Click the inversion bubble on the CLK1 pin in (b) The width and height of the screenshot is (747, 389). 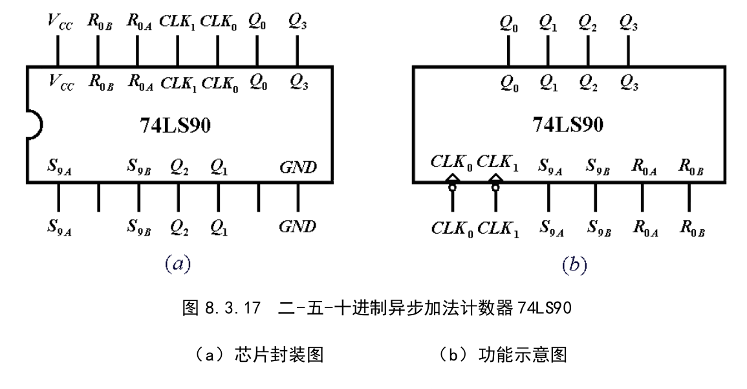[x=496, y=188]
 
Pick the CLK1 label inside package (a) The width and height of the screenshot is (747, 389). [x=177, y=82]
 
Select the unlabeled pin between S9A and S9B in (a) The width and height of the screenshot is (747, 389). [x=98, y=197]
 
